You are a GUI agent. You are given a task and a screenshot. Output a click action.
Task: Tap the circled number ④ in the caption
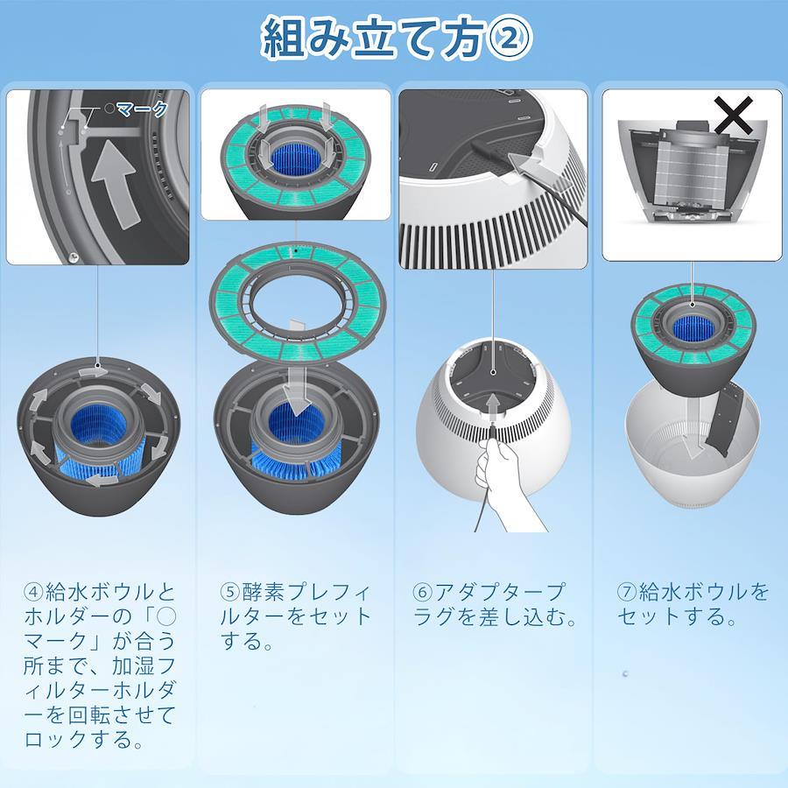click(34, 592)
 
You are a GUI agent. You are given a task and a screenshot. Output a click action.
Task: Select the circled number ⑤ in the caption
click(230, 592)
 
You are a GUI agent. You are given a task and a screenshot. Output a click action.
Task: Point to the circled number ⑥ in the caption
click(423, 592)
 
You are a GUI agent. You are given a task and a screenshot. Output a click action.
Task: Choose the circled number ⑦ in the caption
click(628, 592)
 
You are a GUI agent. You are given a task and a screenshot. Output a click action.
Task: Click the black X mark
click(734, 116)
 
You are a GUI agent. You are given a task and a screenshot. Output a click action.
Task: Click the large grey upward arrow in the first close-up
click(114, 184)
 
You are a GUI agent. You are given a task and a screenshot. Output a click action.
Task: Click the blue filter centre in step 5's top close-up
click(294, 158)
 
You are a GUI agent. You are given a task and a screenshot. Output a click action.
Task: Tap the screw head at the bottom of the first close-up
click(74, 257)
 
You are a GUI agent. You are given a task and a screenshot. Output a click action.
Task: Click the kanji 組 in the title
click(284, 39)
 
